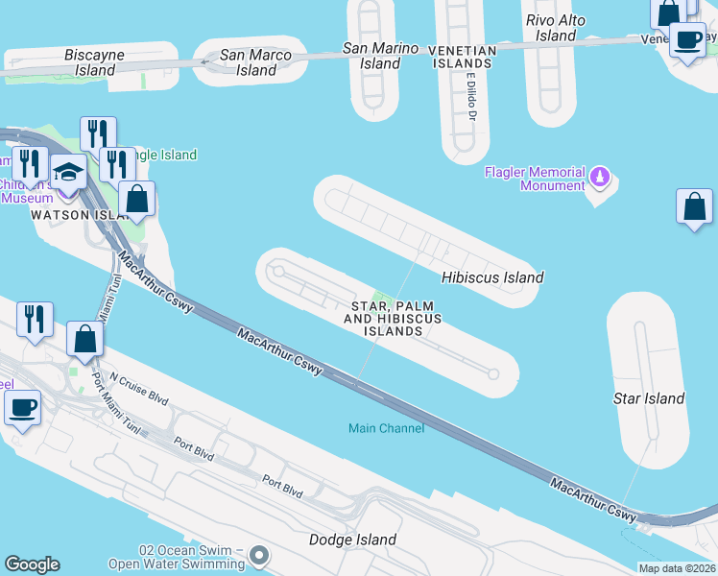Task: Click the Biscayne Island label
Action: [x=94, y=62]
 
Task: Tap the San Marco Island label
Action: [x=256, y=62]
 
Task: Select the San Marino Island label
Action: [x=381, y=56]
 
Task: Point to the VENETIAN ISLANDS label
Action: [x=462, y=57]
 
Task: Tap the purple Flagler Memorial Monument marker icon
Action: [x=600, y=177]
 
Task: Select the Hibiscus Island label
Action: [x=492, y=277]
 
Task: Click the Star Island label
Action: [x=649, y=398]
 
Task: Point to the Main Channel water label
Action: [x=386, y=428]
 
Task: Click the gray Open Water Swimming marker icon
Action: [x=258, y=555]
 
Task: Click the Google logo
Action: [x=32, y=564]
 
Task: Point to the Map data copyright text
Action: [x=676, y=568]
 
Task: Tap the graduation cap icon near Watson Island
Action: [x=68, y=172]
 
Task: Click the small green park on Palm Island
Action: [x=382, y=299]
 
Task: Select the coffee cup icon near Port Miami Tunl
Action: [x=22, y=407]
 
